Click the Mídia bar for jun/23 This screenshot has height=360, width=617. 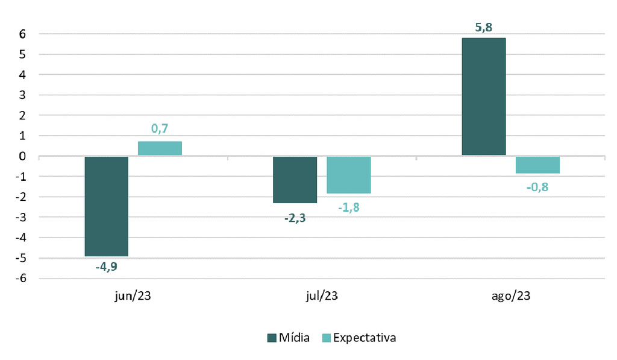point(107,206)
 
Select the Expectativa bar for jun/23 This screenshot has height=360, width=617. point(160,148)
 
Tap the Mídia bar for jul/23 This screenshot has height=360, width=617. point(295,180)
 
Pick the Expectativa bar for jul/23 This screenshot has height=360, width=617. point(348,175)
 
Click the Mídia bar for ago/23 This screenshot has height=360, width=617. point(483,96)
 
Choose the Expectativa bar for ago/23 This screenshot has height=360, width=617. point(537,165)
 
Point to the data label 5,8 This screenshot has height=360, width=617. point(484,27)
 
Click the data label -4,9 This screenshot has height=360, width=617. point(107,266)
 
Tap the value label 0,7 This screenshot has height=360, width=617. point(160,128)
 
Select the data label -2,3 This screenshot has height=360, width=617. point(295,218)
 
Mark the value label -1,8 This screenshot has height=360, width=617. point(348,208)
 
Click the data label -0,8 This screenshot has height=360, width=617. point(537,187)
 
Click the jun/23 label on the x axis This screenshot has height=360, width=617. point(133,296)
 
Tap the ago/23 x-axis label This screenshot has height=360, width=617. point(511,296)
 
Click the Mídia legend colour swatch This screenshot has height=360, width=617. point(271,338)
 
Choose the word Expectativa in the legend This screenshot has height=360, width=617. point(364,338)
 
